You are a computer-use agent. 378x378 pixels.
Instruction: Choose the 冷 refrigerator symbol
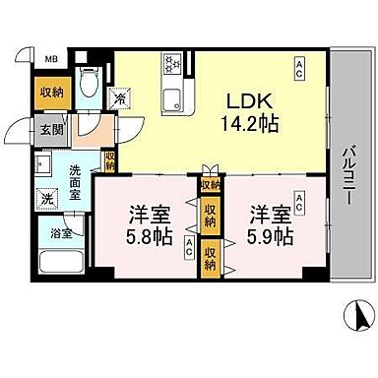pyautogui.click(x=120, y=97)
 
